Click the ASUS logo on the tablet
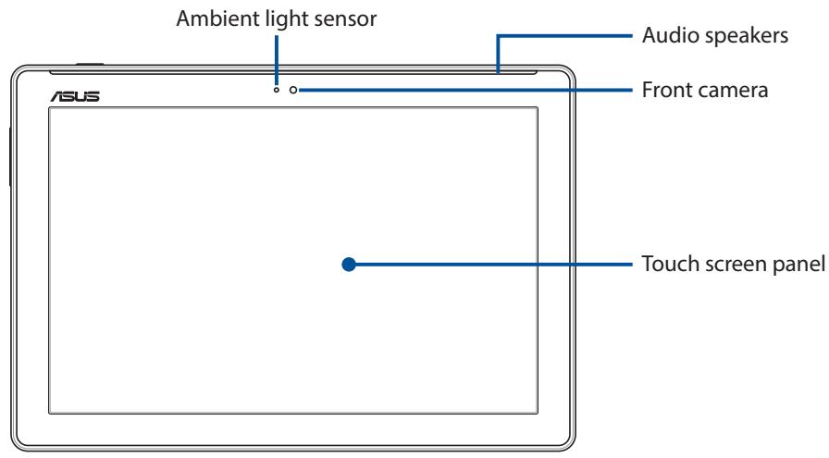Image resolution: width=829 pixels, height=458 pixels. pos(75,95)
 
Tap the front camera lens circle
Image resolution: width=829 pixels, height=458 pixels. pos(293,90)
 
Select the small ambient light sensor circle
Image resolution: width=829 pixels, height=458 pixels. pos(276,90)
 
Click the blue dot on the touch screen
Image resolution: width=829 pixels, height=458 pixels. pos(349,264)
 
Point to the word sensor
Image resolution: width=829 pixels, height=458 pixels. pos(345,20)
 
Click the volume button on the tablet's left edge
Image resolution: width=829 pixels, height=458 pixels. pos(10,156)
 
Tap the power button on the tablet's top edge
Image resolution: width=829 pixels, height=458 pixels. pos(90,65)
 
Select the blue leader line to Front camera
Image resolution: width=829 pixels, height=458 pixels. pos(465,90)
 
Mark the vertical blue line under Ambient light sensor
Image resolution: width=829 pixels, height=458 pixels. pos(276,60)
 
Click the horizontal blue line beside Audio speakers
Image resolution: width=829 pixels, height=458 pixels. pos(564,36)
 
